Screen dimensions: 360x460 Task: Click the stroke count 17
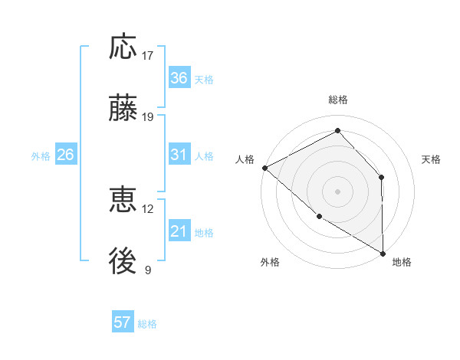[148, 56]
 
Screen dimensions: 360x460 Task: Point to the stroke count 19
[148, 117]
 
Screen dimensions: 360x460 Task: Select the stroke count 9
[148, 270]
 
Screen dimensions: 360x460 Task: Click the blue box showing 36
[179, 78]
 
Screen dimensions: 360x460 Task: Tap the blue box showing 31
[179, 155]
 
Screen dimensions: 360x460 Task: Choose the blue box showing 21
[179, 231]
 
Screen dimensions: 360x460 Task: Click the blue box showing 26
[66, 155]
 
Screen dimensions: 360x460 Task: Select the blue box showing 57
[123, 322]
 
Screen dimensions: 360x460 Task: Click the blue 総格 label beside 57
[147, 324]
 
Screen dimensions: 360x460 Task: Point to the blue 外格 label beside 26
[41, 156]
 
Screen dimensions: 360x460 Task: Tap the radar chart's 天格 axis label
[432, 159]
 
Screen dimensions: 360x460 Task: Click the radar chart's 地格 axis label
[402, 262]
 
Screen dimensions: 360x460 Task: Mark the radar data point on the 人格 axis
[264, 168]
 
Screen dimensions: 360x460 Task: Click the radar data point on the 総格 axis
[337, 131]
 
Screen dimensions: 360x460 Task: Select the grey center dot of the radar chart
[337, 191]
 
